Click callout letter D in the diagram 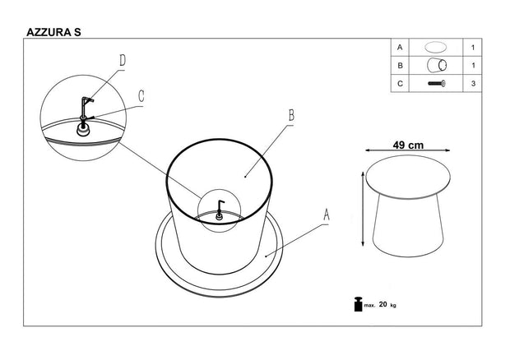[122, 60]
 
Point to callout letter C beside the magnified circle [141, 95]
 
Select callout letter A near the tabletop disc [327, 215]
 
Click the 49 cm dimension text [408, 145]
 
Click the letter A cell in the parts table [400, 48]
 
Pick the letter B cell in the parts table [400, 65]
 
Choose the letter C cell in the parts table [400, 83]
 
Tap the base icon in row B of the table [436, 65]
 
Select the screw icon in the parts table [436, 83]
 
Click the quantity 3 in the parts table [475, 83]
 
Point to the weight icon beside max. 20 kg [358, 304]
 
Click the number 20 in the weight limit [383, 305]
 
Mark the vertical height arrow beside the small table [363, 209]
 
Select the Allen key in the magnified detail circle [84, 107]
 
